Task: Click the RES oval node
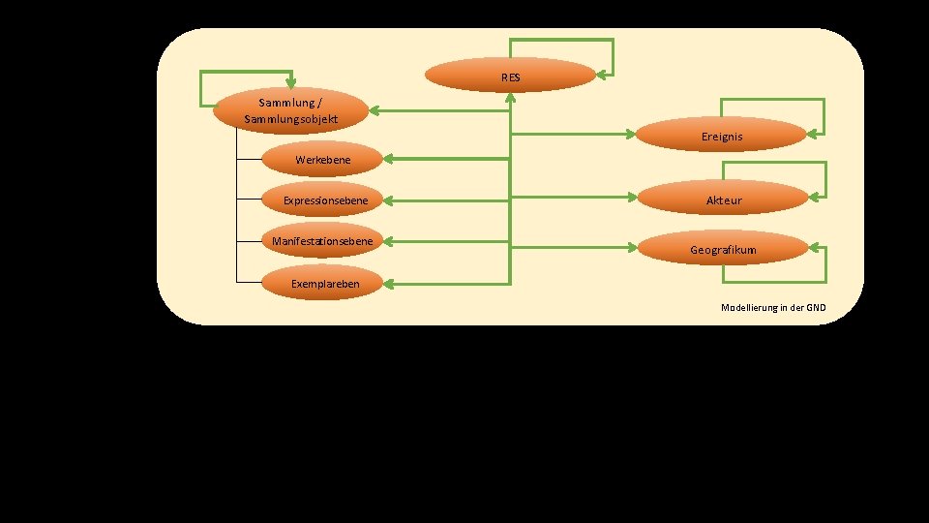click(x=510, y=76)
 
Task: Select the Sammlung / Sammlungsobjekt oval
click(x=290, y=110)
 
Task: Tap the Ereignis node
click(x=722, y=137)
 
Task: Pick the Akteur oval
click(x=724, y=200)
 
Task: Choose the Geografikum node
click(x=723, y=249)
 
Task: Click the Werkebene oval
click(x=322, y=158)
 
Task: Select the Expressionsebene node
click(x=324, y=200)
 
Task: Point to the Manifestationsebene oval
click(x=322, y=240)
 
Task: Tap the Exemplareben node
click(x=324, y=284)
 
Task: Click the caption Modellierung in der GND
click(x=773, y=307)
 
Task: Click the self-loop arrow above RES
click(x=561, y=41)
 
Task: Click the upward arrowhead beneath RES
click(x=510, y=98)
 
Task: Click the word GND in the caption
click(x=815, y=307)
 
